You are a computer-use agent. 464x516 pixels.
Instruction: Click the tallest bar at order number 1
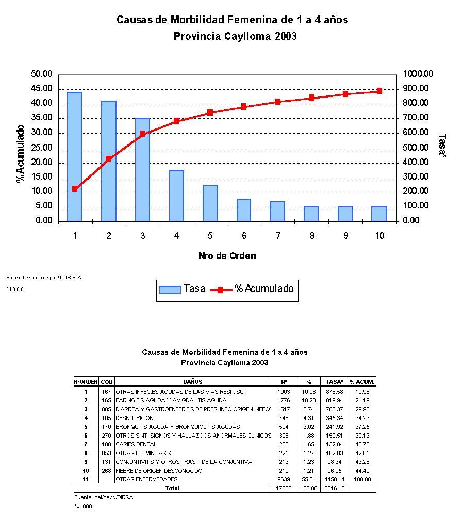(x=75, y=156)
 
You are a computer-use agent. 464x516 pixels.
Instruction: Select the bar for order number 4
(x=176, y=196)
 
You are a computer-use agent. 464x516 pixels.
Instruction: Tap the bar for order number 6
(x=244, y=210)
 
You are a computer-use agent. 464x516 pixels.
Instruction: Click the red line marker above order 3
(x=142, y=134)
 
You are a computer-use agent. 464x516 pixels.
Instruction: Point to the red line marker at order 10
(x=379, y=91)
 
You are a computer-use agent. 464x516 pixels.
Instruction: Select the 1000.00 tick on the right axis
(x=418, y=74)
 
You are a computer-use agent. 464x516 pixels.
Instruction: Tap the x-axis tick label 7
(x=278, y=236)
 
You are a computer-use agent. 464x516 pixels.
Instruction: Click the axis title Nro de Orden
(x=227, y=256)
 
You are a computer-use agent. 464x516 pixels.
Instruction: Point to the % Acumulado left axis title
(x=21, y=153)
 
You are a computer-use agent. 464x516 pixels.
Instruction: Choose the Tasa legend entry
(x=183, y=289)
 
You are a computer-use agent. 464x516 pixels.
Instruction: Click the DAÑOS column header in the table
(x=192, y=382)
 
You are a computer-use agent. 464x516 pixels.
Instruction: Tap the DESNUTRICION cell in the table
(x=135, y=418)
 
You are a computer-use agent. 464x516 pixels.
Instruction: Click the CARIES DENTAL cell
(x=136, y=444)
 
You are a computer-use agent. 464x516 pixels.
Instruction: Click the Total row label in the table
(x=172, y=488)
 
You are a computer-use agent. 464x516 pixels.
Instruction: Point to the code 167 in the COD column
(x=106, y=392)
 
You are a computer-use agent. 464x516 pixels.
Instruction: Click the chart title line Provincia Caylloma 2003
(x=235, y=37)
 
